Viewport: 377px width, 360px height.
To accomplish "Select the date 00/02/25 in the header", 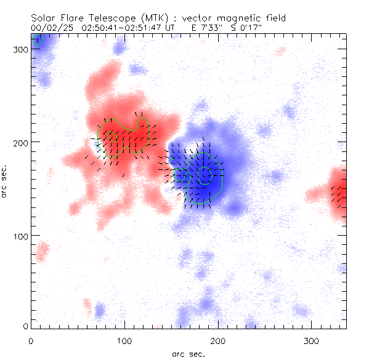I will click(48, 28).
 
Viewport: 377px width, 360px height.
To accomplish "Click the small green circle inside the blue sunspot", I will click(205, 175).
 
